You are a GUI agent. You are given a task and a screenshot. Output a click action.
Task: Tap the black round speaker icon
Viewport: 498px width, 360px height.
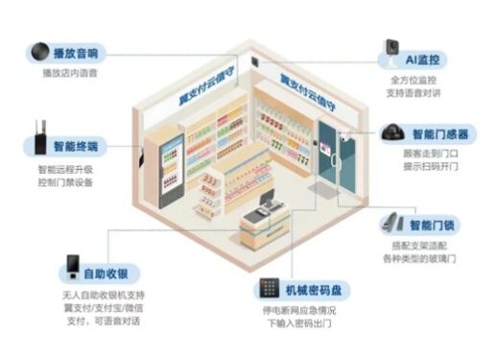point(40,52)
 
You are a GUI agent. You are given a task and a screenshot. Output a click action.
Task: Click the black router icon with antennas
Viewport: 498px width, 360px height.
point(36,141)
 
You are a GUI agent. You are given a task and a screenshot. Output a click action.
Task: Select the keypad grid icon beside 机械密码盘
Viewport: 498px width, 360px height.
point(268,288)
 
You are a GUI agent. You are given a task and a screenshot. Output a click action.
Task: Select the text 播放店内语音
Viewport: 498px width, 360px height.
point(70,71)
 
